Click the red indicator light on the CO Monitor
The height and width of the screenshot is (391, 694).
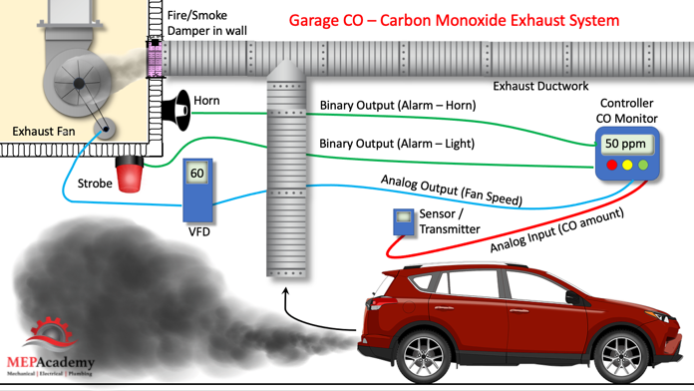[611, 165]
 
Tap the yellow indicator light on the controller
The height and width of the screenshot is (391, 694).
[627, 165]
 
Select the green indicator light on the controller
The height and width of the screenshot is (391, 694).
[643, 165]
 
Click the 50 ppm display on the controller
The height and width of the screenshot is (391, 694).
[625, 144]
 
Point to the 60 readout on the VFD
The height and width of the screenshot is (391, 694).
[197, 173]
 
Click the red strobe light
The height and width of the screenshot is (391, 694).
[130, 175]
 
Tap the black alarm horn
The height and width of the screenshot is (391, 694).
[176, 111]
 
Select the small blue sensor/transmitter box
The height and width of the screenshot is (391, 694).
[403, 221]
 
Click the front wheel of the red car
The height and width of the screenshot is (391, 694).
[615, 354]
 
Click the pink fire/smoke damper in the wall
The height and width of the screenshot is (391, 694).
[155, 59]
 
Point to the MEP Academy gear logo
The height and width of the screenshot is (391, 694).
[50, 333]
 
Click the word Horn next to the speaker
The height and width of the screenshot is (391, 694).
[206, 101]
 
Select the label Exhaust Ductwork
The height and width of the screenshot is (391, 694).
[540, 86]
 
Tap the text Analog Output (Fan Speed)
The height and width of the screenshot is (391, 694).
[452, 191]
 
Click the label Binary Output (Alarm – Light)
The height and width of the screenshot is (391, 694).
[397, 144]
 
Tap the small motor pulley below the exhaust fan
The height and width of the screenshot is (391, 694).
[106, 129]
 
